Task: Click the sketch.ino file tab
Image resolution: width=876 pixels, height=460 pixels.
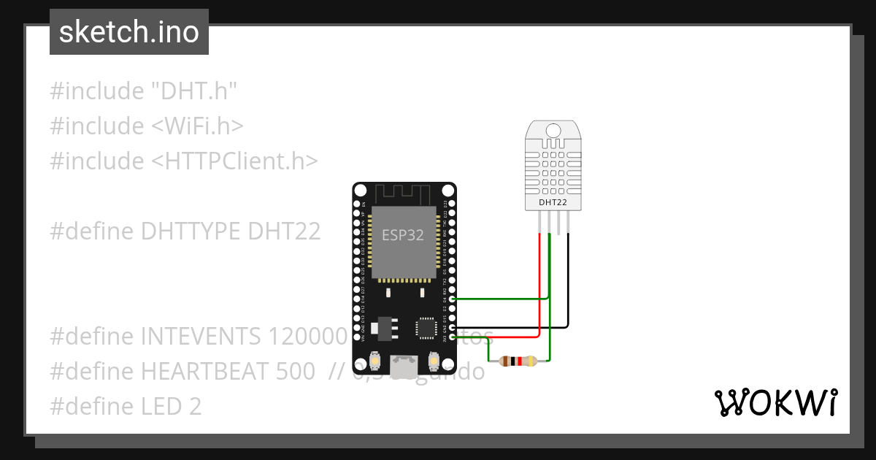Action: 128,32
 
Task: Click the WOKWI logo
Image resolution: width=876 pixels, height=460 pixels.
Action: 775,402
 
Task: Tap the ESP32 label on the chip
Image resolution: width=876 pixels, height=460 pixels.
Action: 403,235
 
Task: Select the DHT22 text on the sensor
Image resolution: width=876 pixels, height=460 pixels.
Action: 553,202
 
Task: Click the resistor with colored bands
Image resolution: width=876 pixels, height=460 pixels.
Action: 518,361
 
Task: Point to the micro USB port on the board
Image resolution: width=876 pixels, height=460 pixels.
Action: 404,366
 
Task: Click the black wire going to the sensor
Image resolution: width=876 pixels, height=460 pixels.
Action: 568,292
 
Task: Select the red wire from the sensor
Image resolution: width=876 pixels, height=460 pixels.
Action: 539,292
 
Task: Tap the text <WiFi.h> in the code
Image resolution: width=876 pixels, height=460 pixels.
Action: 197,126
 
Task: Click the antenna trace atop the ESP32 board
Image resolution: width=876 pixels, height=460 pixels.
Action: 404,193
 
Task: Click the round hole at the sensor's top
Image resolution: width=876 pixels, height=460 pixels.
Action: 553,130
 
